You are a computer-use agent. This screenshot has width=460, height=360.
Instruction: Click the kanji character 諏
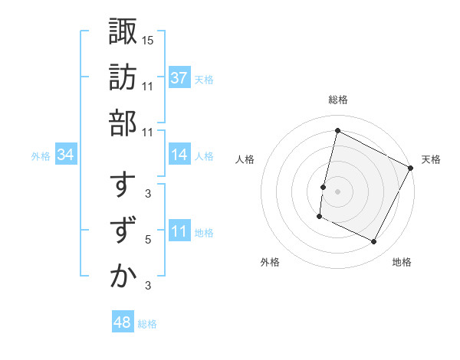click(123, 31)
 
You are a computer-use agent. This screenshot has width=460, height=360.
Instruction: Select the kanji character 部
click(123, 122)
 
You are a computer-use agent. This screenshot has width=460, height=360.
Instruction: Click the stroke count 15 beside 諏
click(148, 39)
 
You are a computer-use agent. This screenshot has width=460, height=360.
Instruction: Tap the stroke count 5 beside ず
click(148, 240)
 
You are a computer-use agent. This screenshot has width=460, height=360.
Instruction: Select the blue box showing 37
click(179, 78)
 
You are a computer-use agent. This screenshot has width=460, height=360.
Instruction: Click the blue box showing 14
click(179, 155)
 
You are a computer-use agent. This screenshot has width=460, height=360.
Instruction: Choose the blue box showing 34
click(66, 155)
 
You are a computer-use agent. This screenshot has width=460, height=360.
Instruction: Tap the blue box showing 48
click(123, 322)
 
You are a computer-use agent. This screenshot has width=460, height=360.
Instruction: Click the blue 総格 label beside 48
click(147, 324)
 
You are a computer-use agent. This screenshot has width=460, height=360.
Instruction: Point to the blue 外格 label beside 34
click(41, 156)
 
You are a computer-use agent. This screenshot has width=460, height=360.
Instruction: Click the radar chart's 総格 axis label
click(338, 100)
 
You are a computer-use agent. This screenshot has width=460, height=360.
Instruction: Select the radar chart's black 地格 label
click(402, 262)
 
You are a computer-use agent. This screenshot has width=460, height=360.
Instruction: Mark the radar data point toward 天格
click(411, 168)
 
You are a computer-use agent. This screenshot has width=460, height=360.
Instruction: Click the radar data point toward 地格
click(374, 242)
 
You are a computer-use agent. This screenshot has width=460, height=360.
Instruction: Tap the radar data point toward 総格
click(337, 130)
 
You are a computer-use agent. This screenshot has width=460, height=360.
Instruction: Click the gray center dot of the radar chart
click(337, 191)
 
